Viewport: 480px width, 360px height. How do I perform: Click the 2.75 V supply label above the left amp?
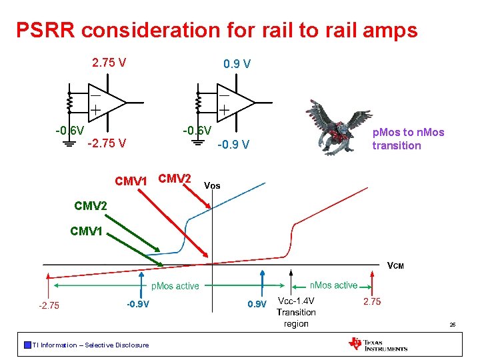(109, 63)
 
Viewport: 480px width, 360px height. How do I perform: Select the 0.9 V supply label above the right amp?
(237, 64)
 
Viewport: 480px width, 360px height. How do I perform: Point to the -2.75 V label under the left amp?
(107, 143)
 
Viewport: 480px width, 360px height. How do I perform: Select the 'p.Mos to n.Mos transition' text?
(407, 139)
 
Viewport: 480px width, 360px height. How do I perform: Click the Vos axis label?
(211, 185)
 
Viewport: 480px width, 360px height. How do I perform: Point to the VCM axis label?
(395, 266)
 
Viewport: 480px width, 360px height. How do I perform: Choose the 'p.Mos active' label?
(175, 286)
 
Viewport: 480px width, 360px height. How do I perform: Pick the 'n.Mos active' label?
(333, 285)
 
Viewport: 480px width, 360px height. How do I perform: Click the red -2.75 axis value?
(48, 306)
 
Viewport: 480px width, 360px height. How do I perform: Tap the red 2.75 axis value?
(371, 302)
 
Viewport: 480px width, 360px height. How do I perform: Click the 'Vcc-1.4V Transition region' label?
(296, 312)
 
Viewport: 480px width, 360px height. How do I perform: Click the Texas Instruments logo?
(377, 344)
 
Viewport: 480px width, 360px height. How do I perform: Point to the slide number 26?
(452, 325)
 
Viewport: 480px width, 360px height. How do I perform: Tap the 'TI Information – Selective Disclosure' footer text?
(90, 345)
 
